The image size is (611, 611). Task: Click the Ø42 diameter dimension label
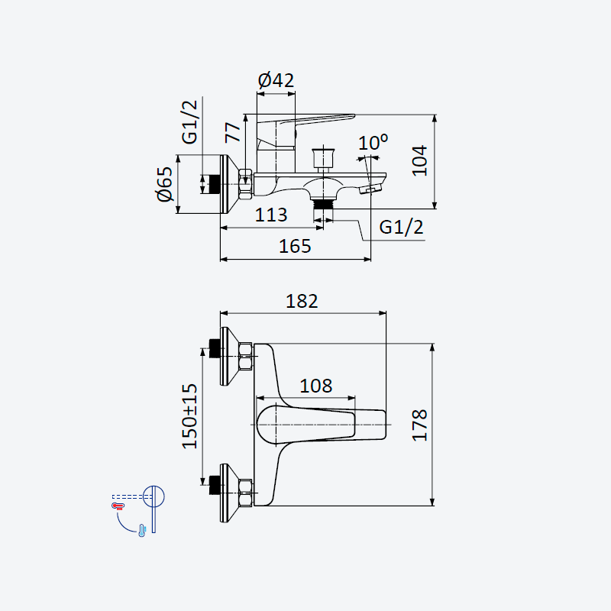[276, 80]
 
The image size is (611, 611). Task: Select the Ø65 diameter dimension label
[165, 184]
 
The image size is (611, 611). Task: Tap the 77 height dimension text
[233, 132]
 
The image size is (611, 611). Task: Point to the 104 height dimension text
[419, 160]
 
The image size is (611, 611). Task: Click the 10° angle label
[373, 142]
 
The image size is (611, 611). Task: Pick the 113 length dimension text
[271, 215]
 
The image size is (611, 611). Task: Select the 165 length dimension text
[295, 246]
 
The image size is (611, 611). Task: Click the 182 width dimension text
[302, 301]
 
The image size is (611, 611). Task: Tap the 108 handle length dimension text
[316, 386]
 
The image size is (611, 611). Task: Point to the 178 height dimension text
[419, 425]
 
